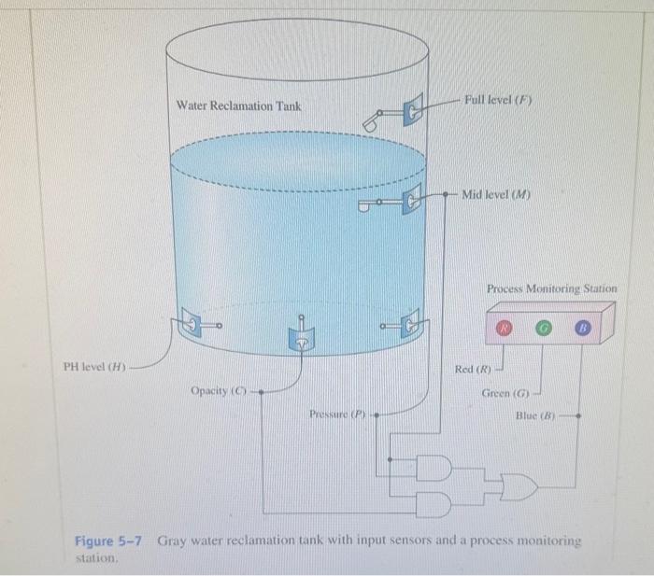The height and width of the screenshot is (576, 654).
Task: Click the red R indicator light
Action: point(505,328)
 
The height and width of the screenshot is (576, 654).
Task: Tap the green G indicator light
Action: point(543,328)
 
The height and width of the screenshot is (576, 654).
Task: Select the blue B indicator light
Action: point(582,328)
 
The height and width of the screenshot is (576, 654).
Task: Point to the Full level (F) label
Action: point(498,99)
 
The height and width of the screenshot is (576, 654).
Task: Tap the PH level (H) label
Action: point(92,367)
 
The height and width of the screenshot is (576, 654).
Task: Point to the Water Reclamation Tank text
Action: point(238,105)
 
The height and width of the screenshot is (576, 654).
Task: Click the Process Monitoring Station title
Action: point(551,288)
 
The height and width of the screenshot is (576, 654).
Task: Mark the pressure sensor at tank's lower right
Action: point(409,326)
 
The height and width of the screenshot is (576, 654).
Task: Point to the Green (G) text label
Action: point(505,394)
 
